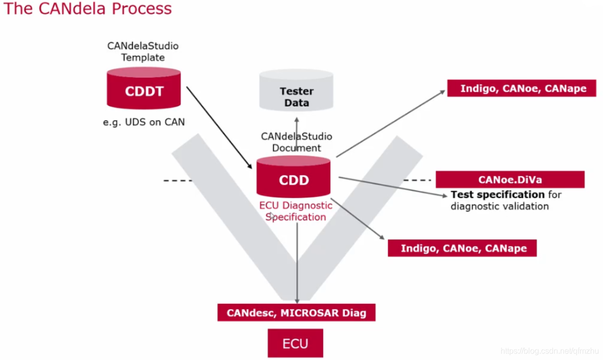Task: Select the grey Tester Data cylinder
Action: [296, 92]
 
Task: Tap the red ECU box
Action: [295, 343]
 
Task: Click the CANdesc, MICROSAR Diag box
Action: [296, 313]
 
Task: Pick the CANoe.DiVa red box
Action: [510, 180]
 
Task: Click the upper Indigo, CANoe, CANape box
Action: [521, 88]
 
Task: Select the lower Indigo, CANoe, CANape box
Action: [462, 248]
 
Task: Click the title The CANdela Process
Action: [88, 8]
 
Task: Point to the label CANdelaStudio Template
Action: [143, 51]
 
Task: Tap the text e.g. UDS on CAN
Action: [144, 122]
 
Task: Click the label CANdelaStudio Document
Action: [296, 142]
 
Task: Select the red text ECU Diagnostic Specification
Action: [296, 211]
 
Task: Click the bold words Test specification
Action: [497, 194]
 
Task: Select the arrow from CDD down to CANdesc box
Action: [297, 265]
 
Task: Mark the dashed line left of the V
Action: [177, 180]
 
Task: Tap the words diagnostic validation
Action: [500, 206]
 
